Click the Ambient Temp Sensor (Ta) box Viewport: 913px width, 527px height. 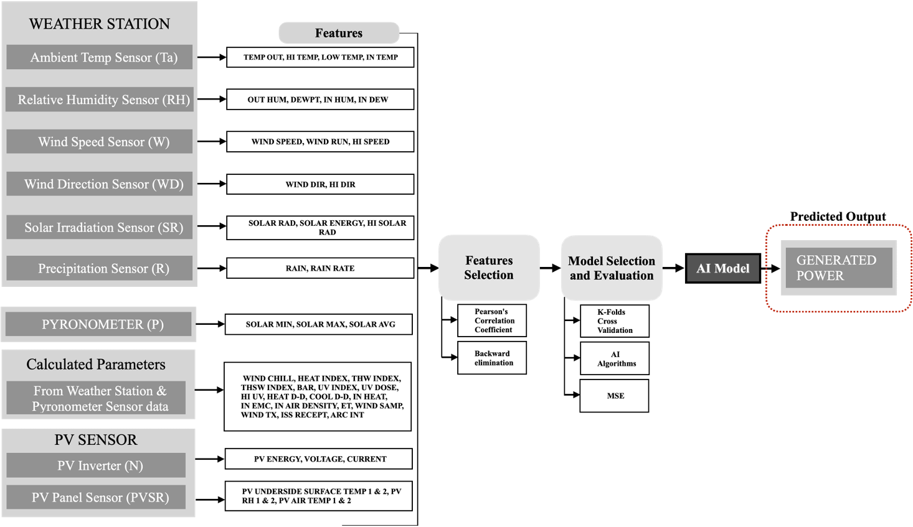click(x=100, y=57)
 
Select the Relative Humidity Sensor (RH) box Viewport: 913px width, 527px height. click(x=100, y=100)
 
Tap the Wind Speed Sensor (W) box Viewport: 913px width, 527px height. click(x=100, y=142)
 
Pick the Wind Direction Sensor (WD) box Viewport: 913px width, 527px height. click(x=100, y=184)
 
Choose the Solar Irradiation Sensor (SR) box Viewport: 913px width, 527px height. click(x=100, y=227)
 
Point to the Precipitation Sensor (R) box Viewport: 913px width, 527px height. click(x=100, y=268)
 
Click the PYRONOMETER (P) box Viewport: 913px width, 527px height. click(x=98, y=324)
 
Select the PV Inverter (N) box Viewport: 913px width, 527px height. click(x=96, y=465)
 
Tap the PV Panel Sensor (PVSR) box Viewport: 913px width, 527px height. click(x=96, y=497)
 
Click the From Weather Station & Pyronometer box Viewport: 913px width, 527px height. click(x=96, y=398)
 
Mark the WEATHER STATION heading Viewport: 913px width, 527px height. click(x=100, y=24)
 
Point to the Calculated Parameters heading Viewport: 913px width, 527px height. click(x=96, y=365)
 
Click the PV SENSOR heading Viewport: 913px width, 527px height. click(x=96, y=440)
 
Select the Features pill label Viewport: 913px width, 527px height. click(x=339, y=33)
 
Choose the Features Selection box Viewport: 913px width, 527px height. click(x=489, y=268)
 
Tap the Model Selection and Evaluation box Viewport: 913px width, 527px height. click(x=612, y=268)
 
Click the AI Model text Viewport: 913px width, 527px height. click(x=722, y=269)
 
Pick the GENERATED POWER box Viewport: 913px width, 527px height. click(x=838, y=268)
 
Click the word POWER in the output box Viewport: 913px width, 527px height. click(x=820, y=276)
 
